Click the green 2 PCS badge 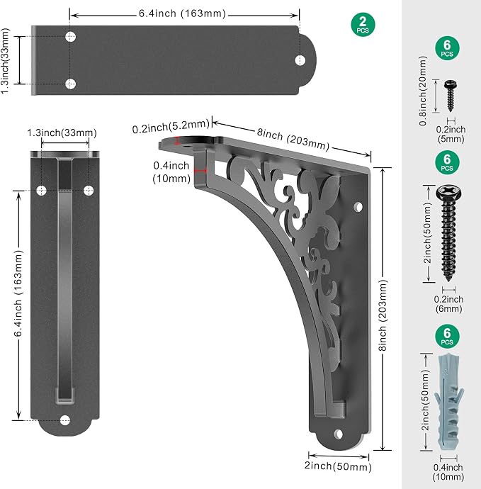[x=363, y=25]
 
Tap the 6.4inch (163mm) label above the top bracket [x=182, y=13]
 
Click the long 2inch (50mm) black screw [x=448, y=233]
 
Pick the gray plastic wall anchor [x=449, y=402]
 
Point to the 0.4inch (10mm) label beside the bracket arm [x=171, y=172]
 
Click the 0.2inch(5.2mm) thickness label [x=171, y=126]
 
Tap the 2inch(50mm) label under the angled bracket [x=338, y=466]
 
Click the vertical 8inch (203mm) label [x=383, y=315]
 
